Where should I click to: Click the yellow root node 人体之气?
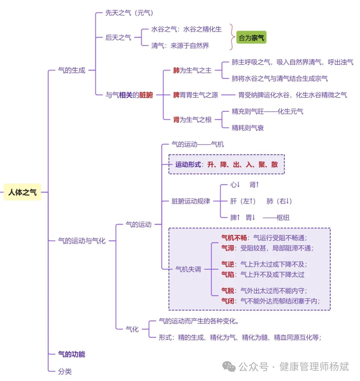[22, 192]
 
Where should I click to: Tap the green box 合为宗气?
[251, 38]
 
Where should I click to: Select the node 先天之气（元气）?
[129, 13]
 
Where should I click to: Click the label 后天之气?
[118, 38]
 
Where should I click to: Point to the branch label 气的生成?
[72, 70]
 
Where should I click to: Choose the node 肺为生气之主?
[192, 70]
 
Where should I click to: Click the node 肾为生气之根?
[192, 119]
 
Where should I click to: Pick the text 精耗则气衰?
[248, 128]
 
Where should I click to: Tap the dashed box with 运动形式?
[227, 164]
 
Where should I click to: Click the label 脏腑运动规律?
[191, 201]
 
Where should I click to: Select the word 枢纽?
[283, 218]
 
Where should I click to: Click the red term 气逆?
[228, 264]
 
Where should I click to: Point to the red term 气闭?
[228, 301]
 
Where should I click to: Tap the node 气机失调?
[188, 269]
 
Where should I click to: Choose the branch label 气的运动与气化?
[82, 241]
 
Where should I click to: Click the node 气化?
[132, 329]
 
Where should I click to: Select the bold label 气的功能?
[72, 354]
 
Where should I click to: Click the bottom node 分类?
[65, 371]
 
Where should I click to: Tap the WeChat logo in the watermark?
[229, 367]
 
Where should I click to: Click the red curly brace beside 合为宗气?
[232, 37]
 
